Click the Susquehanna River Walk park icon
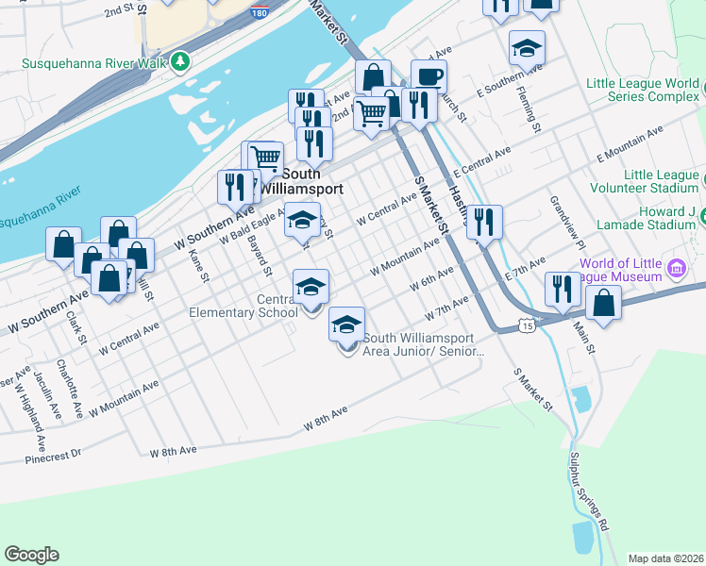(x=180, y=63)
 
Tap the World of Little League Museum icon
(x=676, y=269)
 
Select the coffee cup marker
(x=429, y=77)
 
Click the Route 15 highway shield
(x=526, y=325)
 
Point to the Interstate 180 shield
(x=259, y=12)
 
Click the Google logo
(x=31, y=555)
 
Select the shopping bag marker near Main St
(x=604, y=304)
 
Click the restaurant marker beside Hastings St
(x=484, y=223)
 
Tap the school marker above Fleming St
(x=527, y=47)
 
